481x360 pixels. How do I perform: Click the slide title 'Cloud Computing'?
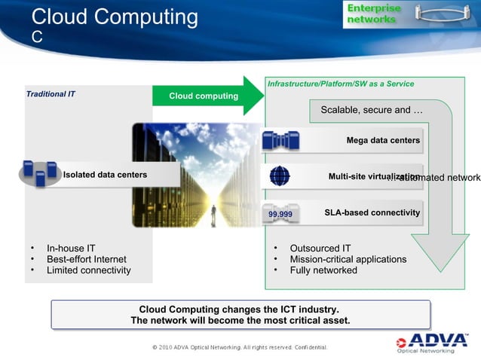coord(115,17)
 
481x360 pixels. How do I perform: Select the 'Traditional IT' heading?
coord(51,95)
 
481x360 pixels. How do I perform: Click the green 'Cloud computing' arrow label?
coord(203,96)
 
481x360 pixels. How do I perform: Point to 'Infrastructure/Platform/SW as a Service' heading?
coord(340,84)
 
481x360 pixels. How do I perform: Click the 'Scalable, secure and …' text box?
coord(371,111)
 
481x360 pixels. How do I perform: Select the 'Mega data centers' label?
coord(382,140)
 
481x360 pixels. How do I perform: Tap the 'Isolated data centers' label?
coord(105,175)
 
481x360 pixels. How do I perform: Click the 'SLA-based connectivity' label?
coord(372,213)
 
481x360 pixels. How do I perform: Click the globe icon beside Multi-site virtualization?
coord(279,176)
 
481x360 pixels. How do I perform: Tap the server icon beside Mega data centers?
coord(280,140)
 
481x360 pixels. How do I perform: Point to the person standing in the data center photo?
coord(213,212)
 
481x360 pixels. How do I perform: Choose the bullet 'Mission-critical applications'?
coord(348,259)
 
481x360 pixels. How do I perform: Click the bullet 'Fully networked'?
coord(323,270)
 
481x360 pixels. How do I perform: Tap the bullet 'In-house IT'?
coord(71,248)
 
